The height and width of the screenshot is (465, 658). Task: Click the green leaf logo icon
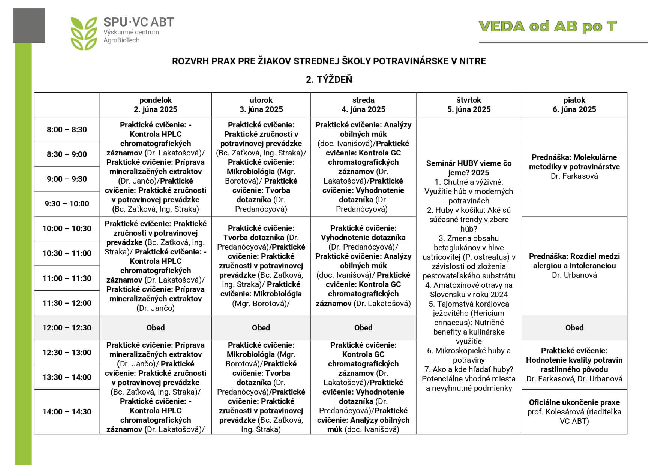84,33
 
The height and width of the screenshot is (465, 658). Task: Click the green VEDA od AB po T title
547,27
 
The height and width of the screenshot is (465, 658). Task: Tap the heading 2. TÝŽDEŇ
329,79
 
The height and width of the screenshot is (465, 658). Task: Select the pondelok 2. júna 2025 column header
156,105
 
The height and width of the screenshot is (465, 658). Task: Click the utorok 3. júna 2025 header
261,105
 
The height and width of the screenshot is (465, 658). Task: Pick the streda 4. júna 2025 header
363,105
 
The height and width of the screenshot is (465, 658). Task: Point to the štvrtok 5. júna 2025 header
469,105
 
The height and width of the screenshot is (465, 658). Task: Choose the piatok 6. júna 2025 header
574,105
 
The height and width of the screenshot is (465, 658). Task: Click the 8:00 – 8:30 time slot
67,130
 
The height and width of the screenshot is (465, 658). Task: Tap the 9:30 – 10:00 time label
67,204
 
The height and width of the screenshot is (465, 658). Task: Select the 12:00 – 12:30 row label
67,328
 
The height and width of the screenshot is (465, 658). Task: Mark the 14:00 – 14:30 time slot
67,412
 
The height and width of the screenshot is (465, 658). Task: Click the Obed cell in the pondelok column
156,328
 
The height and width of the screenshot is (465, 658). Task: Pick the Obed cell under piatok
574,328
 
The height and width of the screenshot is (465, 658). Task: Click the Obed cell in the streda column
363,328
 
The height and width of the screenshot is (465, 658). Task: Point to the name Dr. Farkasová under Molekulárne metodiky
574,176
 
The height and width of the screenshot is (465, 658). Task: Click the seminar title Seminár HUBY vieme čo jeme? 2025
469,168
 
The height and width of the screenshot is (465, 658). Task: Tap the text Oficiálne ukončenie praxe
574,402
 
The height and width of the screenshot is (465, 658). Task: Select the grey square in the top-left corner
29,25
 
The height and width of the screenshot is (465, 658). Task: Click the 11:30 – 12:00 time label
67,303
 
